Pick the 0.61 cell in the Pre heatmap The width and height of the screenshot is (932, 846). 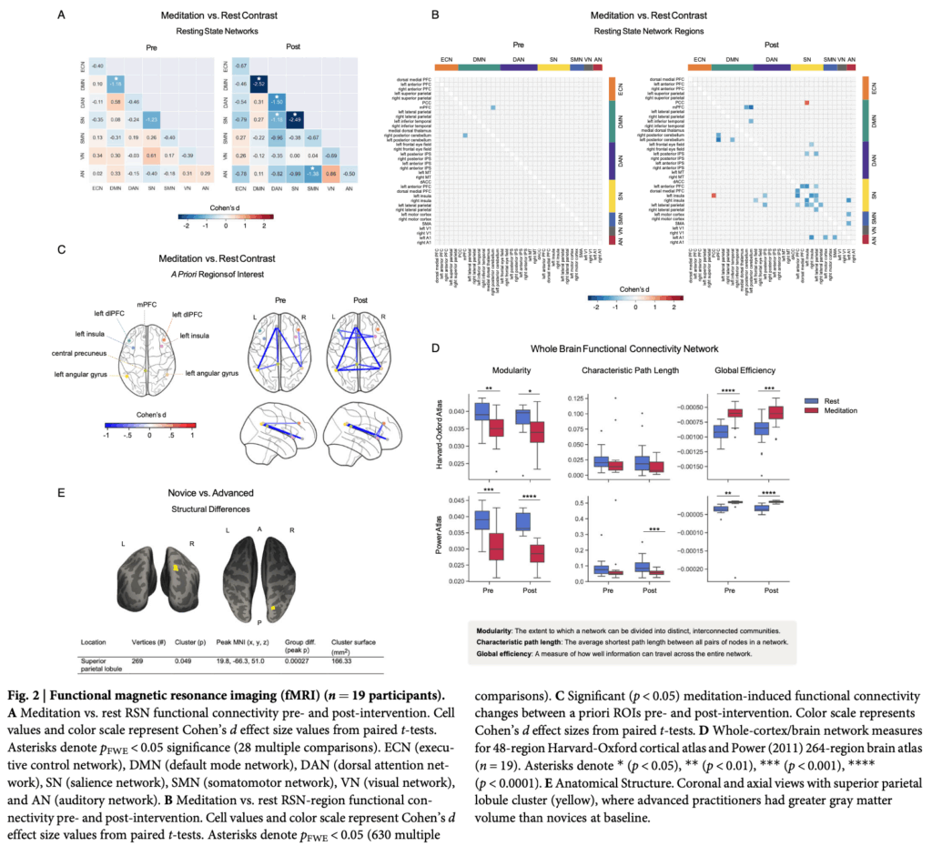click(152, 155)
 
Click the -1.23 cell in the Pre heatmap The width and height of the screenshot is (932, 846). click(152, 119)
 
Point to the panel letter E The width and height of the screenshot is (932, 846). click(60, 492)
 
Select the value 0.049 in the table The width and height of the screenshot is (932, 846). click(186, 660)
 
